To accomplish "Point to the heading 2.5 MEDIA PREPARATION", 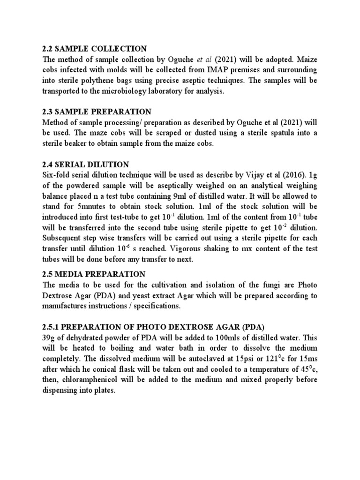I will (94, 274).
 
